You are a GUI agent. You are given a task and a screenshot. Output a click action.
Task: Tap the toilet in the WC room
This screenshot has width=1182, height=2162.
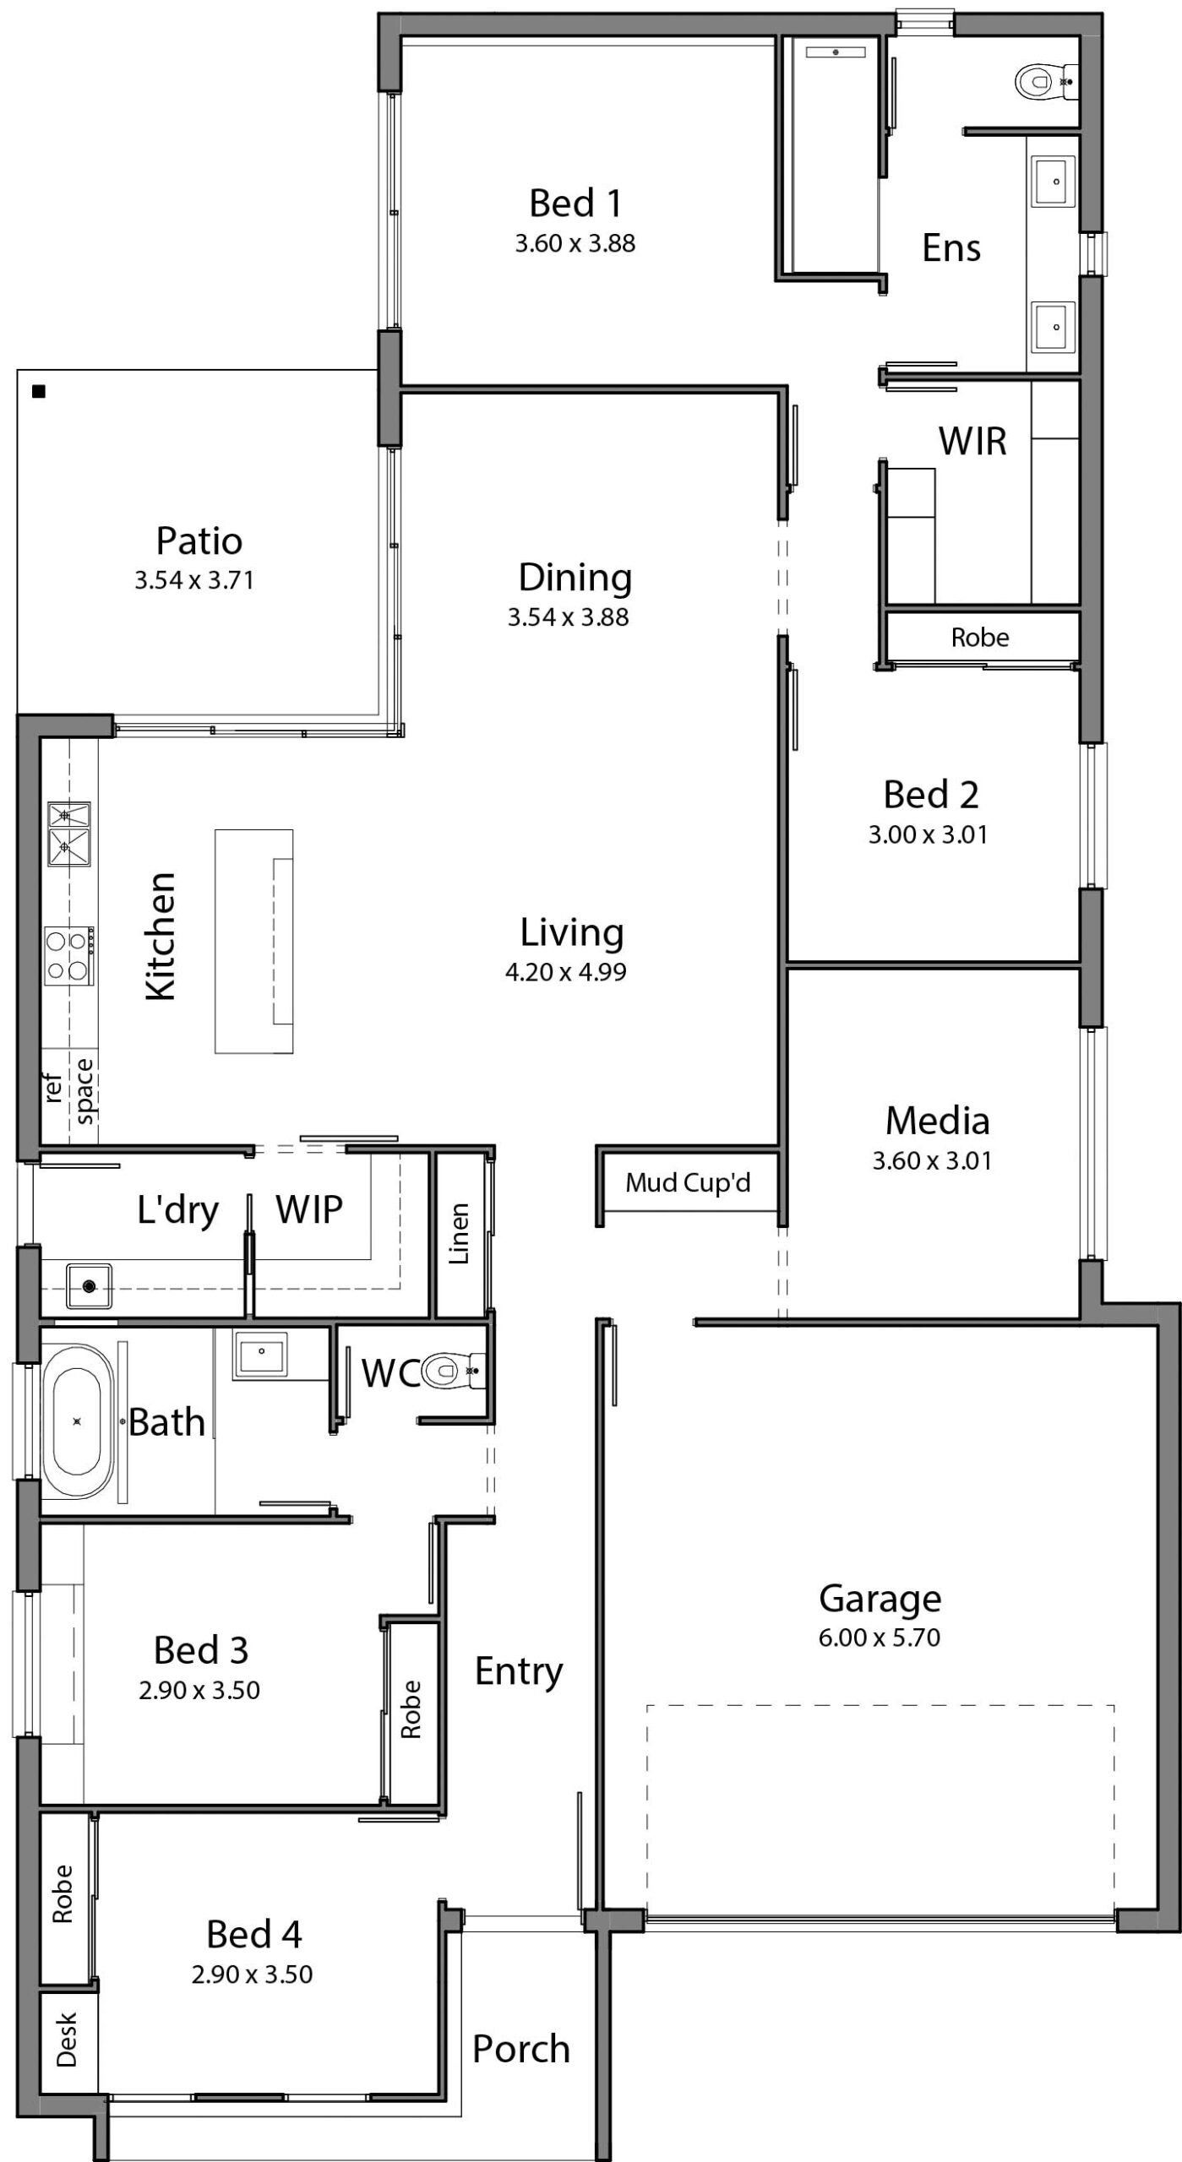[x=454, y=1370]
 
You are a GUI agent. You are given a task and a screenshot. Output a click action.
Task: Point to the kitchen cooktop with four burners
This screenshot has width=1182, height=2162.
[x=69, y=955]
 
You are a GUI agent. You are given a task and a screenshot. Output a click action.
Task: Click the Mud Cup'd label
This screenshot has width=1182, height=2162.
[x=688, y=1183]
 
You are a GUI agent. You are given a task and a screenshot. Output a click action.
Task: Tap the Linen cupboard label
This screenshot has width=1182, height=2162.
[x=459, y=1235]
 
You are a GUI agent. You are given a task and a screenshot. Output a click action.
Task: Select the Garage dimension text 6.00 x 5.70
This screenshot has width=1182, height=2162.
[x=879, y=1638]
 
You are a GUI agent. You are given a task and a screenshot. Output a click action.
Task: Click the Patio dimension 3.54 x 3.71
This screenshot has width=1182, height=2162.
[x=194, y=580]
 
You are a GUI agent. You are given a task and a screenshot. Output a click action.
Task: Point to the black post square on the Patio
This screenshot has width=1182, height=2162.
[x=38, y=391]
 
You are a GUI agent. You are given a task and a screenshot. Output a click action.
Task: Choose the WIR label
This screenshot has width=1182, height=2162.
[x=972, y=441]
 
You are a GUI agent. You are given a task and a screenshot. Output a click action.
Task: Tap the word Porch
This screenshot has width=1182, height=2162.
[x=520, y=2049]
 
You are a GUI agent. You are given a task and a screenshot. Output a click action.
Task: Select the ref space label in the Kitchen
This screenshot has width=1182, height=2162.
[x=69, y=1091]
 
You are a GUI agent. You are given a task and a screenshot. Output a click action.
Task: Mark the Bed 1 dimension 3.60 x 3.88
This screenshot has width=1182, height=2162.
[x=575, y=243]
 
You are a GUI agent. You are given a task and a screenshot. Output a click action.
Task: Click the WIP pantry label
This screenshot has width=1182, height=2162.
[x=309, y=1209]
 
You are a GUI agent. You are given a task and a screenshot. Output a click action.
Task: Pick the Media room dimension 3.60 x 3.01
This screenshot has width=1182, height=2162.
[x=932, y=1160]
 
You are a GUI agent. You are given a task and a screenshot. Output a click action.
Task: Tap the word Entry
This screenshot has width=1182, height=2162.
[x=519, y=1671]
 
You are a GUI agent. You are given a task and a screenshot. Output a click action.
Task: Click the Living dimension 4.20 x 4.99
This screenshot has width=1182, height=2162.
[x=566, y=972]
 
